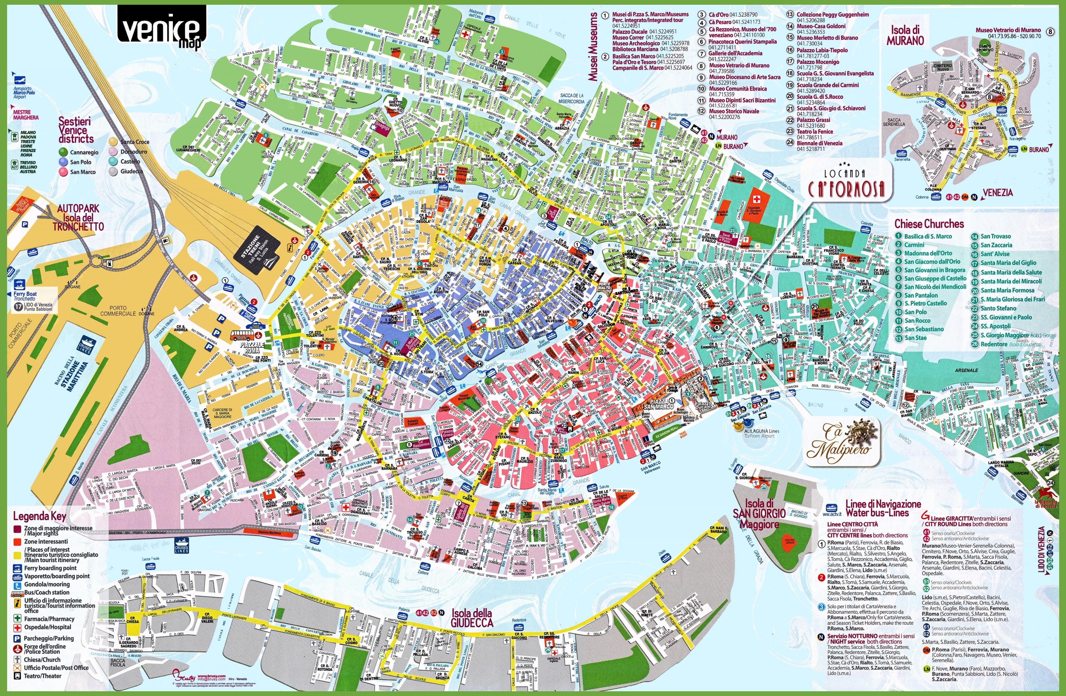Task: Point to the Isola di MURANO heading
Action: tap(905, 35)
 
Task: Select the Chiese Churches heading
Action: tap(929, 224)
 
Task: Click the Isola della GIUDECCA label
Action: tap(472, 618)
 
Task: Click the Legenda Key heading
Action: tap(39, 516)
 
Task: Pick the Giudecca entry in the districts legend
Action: tap(131, 171)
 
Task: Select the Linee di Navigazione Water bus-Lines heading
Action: tap(876, 508)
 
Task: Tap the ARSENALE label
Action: tap(966, 371)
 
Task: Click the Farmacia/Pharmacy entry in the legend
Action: tap(49, 618)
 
